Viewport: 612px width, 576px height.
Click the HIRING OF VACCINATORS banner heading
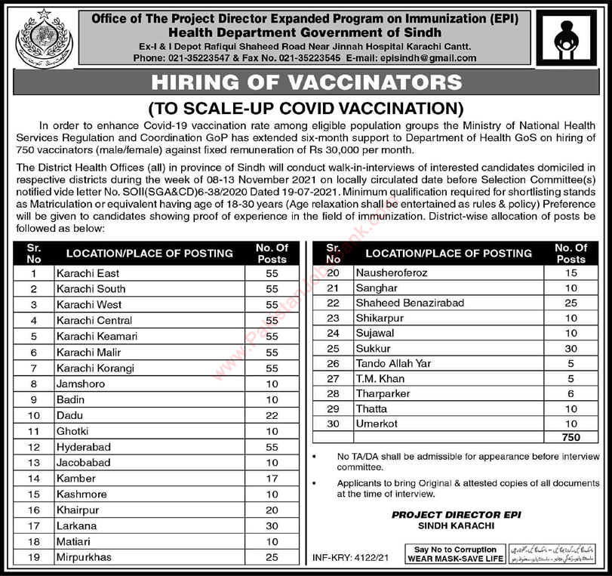[x=306, y=82]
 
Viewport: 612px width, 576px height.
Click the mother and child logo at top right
[x=575, y=36]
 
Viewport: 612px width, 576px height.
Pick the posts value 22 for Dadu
[x=272, y=415]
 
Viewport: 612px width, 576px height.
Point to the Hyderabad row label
[x=82, y=446]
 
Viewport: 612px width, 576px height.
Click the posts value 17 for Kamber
[x=272, y=478]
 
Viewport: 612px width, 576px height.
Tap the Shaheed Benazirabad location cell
[x=398, y=303]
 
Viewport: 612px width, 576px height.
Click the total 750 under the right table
[x=570, y=438]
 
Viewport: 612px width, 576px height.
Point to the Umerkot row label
[x=377, y=423]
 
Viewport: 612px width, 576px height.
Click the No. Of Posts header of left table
[x=272, y=253]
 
